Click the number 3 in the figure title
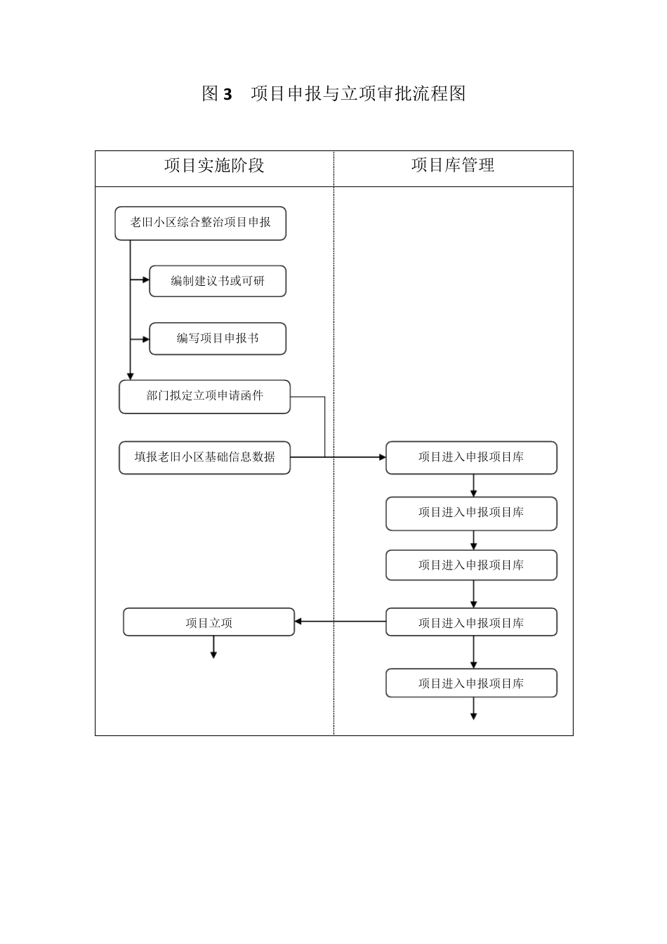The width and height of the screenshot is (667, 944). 227,94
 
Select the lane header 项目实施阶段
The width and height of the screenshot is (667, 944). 214,166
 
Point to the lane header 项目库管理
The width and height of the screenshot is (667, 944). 453,165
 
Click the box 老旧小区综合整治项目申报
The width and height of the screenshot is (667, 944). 200,223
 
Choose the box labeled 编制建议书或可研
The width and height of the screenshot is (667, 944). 218,281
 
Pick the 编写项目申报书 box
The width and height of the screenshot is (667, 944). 218,339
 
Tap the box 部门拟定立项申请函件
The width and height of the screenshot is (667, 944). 204,396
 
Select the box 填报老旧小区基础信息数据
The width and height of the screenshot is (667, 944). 204,457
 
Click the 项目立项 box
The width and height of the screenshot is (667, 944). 209,622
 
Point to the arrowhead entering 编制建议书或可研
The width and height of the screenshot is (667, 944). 146,281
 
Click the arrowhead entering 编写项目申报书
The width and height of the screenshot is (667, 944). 146,339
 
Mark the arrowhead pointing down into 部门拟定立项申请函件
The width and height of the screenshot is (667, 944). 130,376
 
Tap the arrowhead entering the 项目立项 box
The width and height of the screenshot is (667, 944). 298,622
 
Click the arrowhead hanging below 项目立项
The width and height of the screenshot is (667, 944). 213,655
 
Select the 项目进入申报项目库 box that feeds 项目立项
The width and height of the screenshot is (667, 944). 471,622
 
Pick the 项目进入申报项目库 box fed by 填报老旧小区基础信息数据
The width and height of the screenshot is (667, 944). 471,457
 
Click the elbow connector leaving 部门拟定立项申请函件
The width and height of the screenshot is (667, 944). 324,421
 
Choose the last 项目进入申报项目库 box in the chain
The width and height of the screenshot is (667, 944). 471,683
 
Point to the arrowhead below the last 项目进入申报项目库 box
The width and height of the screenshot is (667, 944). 474,716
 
